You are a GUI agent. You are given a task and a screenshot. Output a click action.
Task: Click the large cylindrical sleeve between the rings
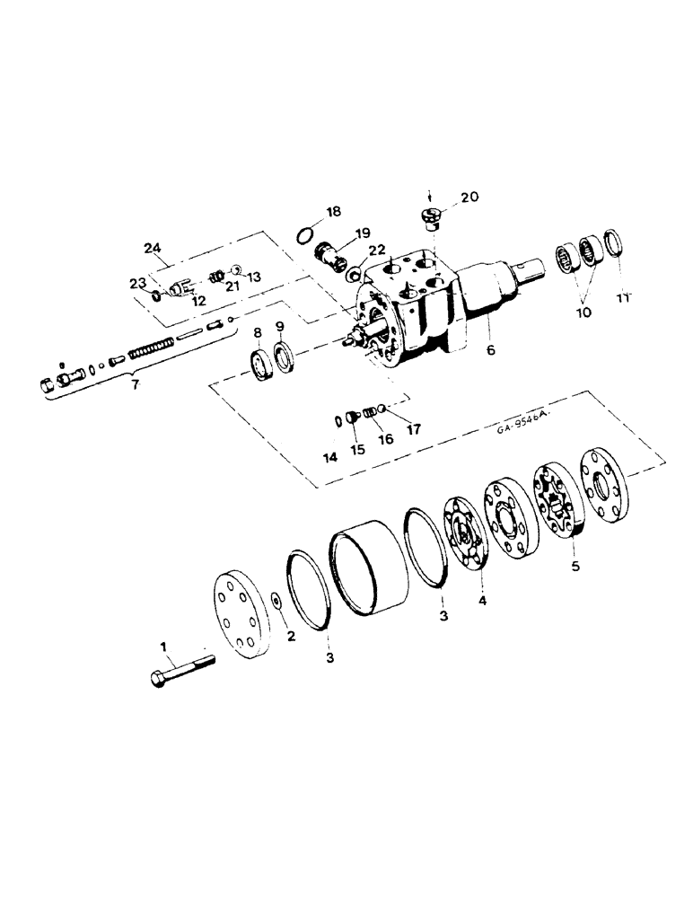click(370, 575)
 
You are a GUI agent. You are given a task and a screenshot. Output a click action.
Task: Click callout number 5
click(575, 568)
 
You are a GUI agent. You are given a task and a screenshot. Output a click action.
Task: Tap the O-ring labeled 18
click(306, 237)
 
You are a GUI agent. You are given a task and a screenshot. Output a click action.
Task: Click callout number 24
click(153, 248)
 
